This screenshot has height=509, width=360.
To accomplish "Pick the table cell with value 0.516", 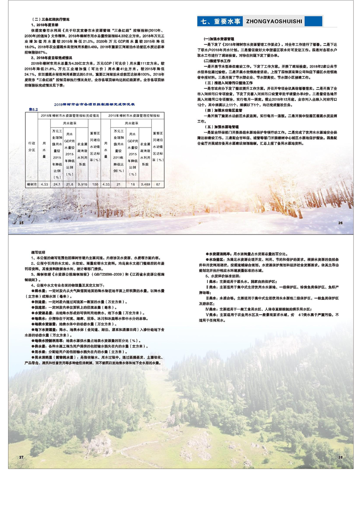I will tap(83, 185).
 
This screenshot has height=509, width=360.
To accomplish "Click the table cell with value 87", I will tap(157, 185).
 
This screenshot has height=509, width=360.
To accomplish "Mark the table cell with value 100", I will tap(95, 185).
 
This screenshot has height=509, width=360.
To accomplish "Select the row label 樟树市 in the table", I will tap(31, 185).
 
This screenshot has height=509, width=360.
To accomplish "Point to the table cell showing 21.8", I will tap(70, 185).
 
